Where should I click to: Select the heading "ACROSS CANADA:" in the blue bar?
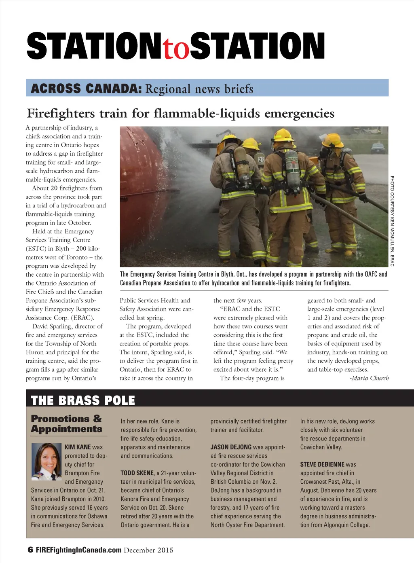(86, 88)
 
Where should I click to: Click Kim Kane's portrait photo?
(46, 461)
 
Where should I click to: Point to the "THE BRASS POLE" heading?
(83, 400)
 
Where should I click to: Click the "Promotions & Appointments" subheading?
(67, 423)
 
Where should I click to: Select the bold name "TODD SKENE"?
(137, 473)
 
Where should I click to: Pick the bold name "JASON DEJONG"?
(231, 447)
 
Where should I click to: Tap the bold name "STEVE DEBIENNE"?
(322, 464)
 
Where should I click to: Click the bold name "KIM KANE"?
(78, 447)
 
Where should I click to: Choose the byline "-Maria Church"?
(369, 378)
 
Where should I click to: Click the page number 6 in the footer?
(30, 550)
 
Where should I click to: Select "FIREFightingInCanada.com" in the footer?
(78, 550)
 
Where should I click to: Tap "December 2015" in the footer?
(148, 550)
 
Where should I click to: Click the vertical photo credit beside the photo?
(392, 221)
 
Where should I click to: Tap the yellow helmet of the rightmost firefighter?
(333, 140)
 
